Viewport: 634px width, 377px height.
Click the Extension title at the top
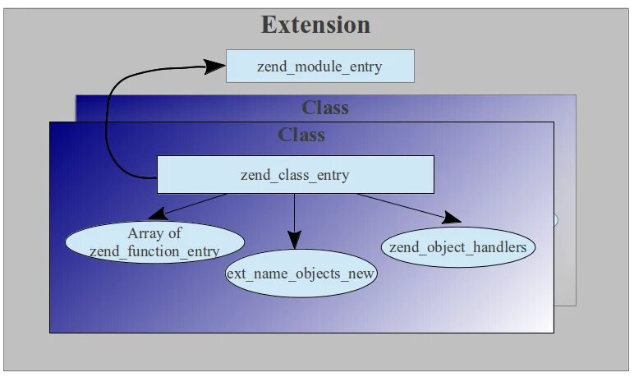tap(316, 25)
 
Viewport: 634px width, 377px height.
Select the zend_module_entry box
tap(319, 66)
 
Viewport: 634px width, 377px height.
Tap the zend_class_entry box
tap(295, 175)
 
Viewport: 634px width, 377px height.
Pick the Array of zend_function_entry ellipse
tap(154, 242)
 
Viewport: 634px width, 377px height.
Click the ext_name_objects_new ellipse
tap(301, 274)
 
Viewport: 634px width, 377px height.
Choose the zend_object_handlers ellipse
tap(458, 246)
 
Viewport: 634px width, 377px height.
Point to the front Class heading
tap(301, 135)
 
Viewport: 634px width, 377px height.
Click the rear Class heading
tap(325, 108)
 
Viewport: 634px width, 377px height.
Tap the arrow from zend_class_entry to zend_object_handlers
tap(402, 207)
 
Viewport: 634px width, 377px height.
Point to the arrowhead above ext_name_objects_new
tap(294, 242)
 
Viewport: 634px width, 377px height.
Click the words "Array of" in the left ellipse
tap(154, 233)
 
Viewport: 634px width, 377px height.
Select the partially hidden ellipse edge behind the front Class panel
tap(556, 219)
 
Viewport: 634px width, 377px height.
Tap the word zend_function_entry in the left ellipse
tap(154, 251)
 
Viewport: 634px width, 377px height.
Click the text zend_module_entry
tap(319, 66)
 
